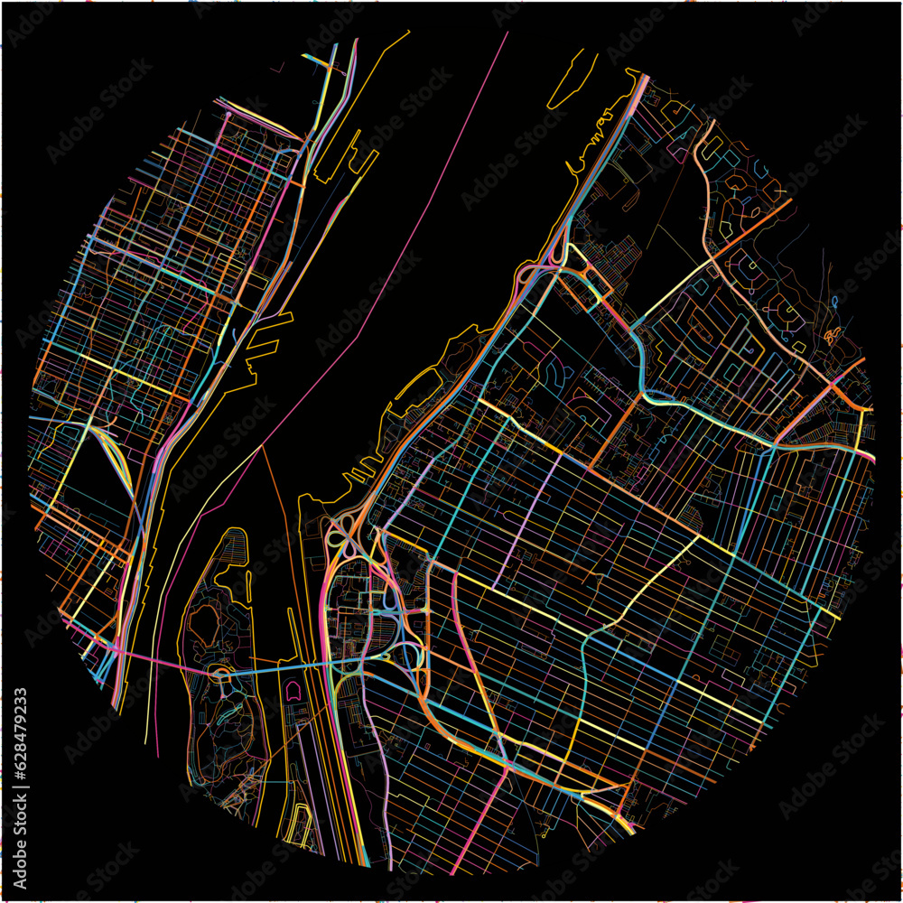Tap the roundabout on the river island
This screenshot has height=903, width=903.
(x=219, y=673)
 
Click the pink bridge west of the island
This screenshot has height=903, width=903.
(x=154, y=659)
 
